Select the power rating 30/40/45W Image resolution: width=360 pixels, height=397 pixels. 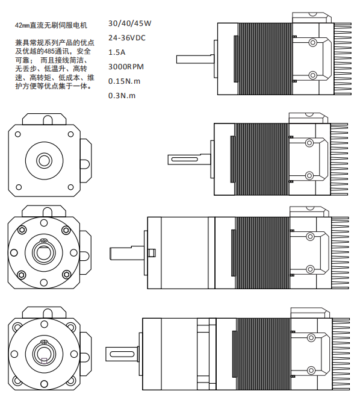[129, 23]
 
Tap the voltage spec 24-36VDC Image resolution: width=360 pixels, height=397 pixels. [126, 38]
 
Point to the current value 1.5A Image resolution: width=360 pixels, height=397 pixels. [117, 52]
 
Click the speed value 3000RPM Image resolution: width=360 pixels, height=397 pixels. [125, 67]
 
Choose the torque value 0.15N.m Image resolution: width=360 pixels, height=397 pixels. [124, 81]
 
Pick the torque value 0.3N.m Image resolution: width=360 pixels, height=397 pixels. [122, 96]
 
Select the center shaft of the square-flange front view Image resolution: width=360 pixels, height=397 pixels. [45, 160]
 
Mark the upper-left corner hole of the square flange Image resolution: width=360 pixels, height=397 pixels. [19, 134]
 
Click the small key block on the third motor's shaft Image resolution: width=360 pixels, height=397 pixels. [152, 252]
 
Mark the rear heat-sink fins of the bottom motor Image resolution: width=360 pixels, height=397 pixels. [341, 351]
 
